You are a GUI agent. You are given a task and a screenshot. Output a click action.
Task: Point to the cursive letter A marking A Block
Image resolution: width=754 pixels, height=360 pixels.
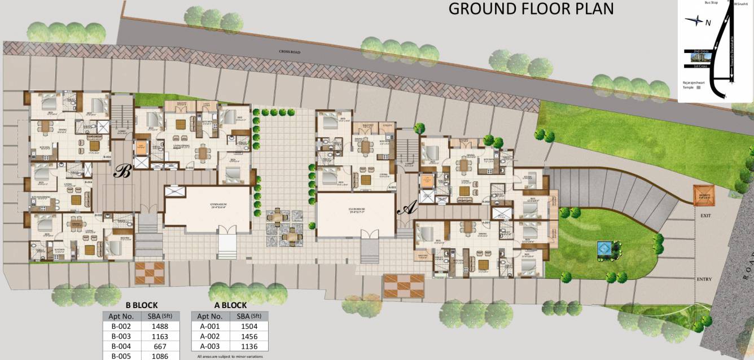point(405,209)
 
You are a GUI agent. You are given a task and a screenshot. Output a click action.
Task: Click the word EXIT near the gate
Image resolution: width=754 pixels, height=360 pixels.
point(705,216)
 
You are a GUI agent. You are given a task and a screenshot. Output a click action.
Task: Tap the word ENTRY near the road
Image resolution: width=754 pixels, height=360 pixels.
point(704,279)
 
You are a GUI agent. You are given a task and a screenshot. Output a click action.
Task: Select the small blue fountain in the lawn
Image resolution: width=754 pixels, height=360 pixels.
point(604,248)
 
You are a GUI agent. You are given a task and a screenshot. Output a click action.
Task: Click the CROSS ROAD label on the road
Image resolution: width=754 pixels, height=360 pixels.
point(289,52)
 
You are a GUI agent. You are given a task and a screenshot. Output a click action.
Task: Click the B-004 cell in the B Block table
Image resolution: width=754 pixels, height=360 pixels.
point(121,346)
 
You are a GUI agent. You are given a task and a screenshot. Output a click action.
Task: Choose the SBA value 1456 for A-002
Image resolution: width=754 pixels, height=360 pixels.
point(249,336)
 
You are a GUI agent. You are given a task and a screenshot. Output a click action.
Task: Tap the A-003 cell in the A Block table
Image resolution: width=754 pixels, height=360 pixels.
point(211,346)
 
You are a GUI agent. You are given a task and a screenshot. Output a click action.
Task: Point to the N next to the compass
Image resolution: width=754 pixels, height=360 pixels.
point(708,22)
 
